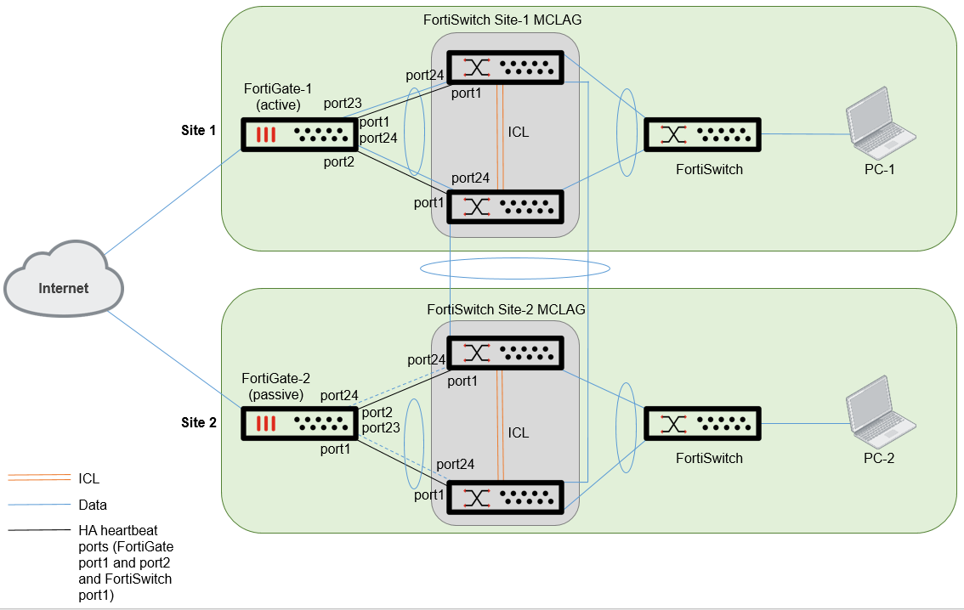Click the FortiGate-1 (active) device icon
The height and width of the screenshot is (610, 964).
[298, 135]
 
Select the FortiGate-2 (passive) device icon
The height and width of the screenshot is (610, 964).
[298, 423]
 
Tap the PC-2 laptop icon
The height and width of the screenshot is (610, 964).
[881, 415]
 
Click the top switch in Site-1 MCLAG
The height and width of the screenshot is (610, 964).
[505, 67]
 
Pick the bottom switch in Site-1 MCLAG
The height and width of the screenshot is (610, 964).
[505, 206]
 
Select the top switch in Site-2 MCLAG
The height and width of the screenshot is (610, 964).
[505, 354]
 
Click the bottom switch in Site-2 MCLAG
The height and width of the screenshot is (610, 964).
[505, 495]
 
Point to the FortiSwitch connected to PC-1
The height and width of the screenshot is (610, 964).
[702, 135]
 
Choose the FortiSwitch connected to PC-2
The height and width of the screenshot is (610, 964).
[702, 423]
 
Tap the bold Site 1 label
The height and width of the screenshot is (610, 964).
[199, 131]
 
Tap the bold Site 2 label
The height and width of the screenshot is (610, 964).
[199, 422]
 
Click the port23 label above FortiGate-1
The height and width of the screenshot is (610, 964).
[343, 104]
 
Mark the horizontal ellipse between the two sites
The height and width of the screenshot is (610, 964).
[515, 268]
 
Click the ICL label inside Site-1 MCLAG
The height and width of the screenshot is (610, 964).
[519, 133]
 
